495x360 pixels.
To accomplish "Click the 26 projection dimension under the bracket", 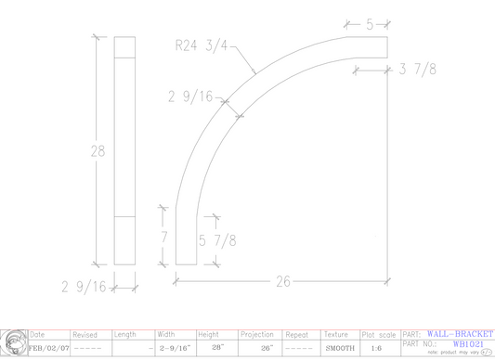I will click(x=282, y=281).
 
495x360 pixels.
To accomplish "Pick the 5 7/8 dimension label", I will click(x=217, y=240).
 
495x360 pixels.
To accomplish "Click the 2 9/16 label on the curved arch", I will click(x=191, y=96).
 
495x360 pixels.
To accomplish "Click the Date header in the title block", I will click(x=38, y=334).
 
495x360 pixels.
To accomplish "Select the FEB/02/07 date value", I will click(x=49, y=348).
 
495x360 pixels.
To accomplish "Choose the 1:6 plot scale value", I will click(x=376, y=348).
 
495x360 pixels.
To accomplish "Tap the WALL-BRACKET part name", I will click(x=461, y=333).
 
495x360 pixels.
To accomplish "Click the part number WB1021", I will click(x=468, y=343).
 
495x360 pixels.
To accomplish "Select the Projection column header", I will click(x=256, y=334).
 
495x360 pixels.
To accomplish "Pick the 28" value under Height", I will click(x=217, y=348).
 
